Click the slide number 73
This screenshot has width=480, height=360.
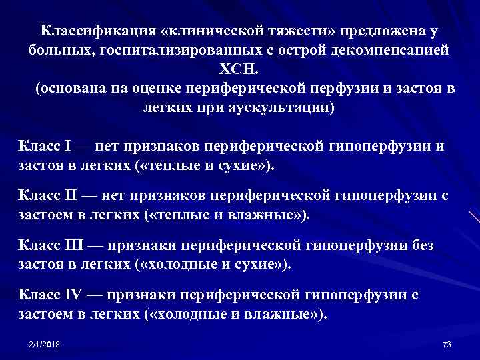[447, 344]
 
